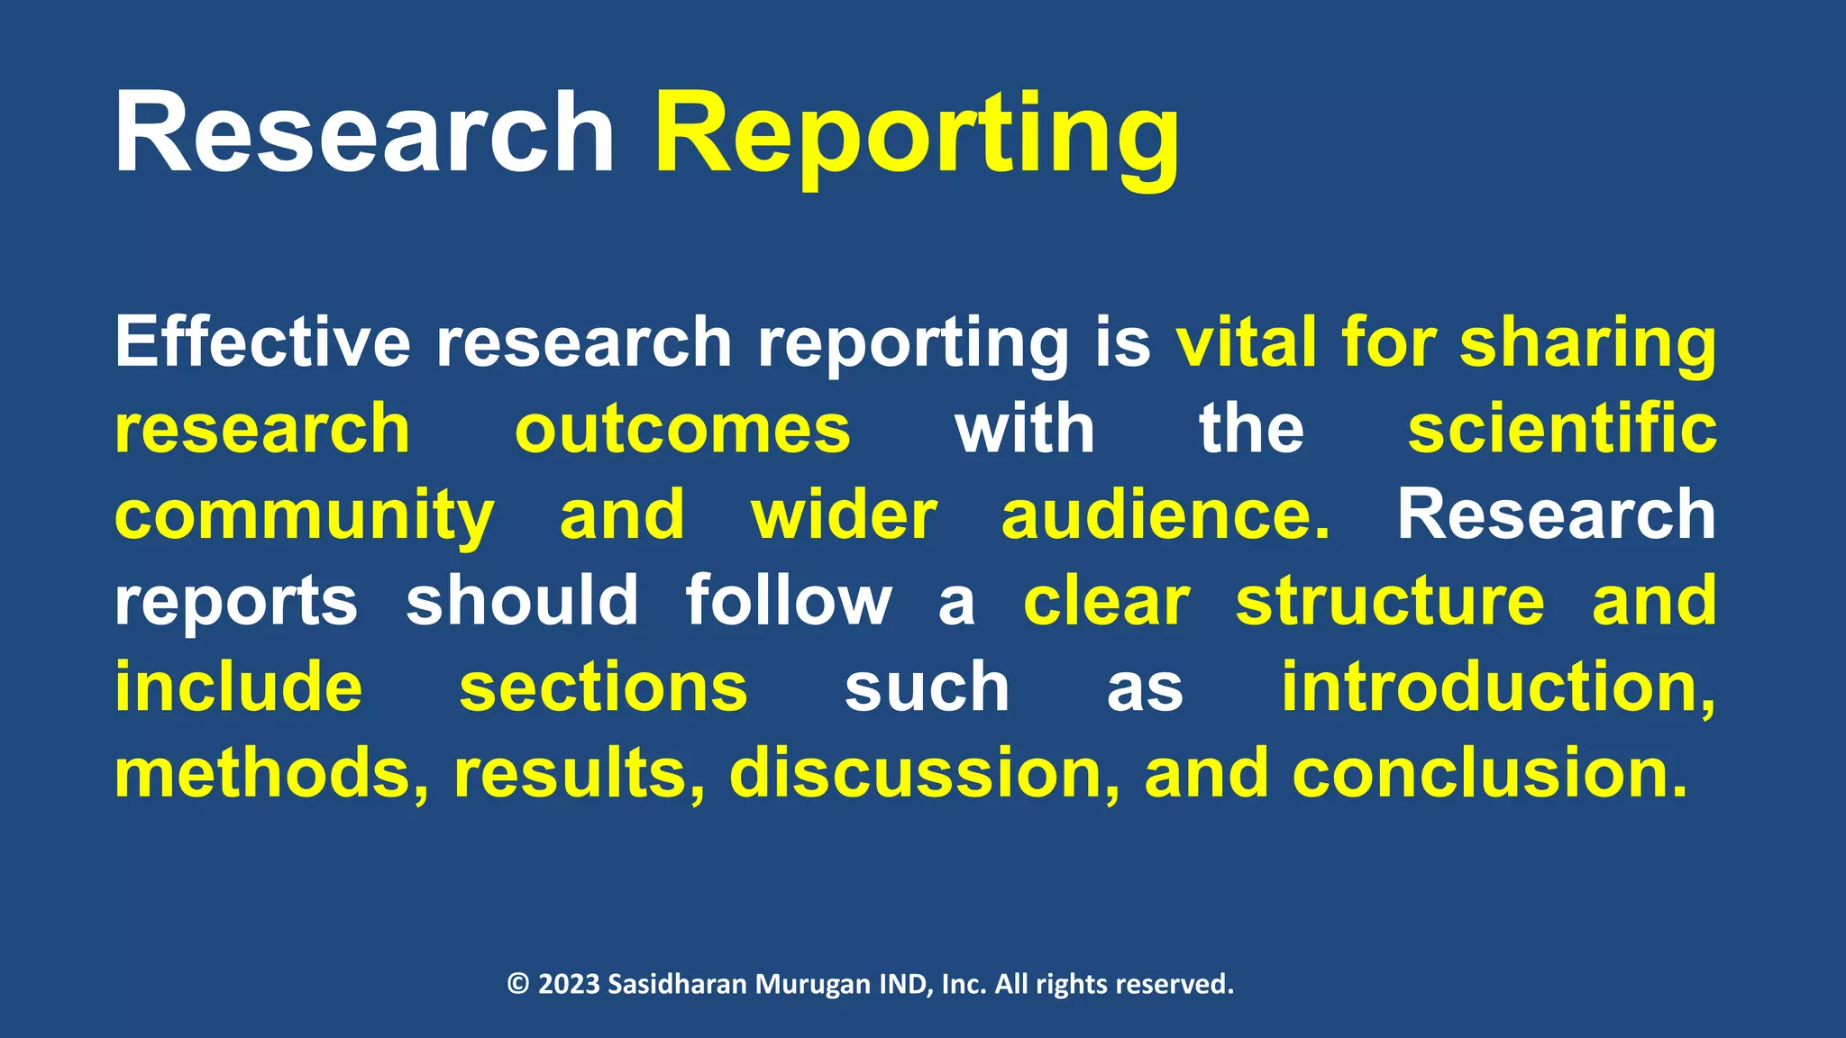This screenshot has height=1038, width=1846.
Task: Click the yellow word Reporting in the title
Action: point(916,135)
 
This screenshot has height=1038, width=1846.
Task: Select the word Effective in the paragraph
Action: point(262,342)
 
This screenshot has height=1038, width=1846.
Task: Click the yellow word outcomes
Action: point(682,429)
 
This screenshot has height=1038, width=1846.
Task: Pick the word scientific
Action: point(1562,429)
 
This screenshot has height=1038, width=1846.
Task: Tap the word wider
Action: point(845,515)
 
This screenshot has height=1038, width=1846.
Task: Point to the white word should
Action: point(523,600)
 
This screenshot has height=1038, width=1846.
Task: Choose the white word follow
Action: point(789,600)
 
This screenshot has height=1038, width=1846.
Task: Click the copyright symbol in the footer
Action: point(518,983)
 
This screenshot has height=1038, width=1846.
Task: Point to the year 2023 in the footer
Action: point(569,983)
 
